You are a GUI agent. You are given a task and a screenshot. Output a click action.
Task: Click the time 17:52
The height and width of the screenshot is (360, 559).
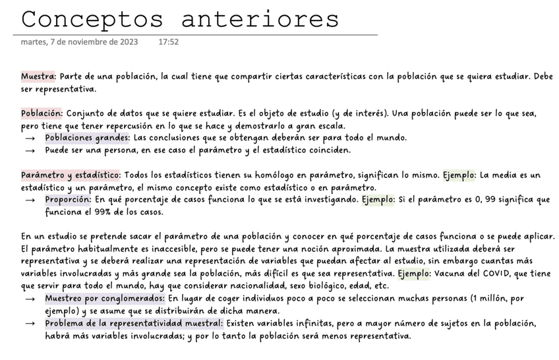(169, 42)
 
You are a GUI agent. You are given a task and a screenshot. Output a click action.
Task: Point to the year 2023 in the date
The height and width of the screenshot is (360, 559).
(126, 42)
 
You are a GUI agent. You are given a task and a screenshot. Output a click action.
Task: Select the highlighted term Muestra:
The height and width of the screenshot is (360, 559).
(38, 76)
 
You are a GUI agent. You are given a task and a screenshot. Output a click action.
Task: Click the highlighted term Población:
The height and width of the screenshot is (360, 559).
(42, 113)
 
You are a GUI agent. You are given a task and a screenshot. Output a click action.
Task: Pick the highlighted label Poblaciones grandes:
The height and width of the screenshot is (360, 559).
(87, 138)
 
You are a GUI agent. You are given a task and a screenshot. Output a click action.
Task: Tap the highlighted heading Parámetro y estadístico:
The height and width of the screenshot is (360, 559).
(71, 175)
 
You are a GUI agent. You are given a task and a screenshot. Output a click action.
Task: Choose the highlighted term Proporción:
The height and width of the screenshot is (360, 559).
(68, 198)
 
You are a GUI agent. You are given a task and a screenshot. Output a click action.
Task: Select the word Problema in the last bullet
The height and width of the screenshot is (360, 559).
(66, 324)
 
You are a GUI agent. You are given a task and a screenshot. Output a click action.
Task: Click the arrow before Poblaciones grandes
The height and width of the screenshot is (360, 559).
(30, 138)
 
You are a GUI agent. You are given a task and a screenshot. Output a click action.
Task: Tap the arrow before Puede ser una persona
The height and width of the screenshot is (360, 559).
(30, 150)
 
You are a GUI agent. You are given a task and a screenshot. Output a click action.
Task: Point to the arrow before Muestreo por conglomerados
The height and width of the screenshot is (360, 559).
(30, 299)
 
